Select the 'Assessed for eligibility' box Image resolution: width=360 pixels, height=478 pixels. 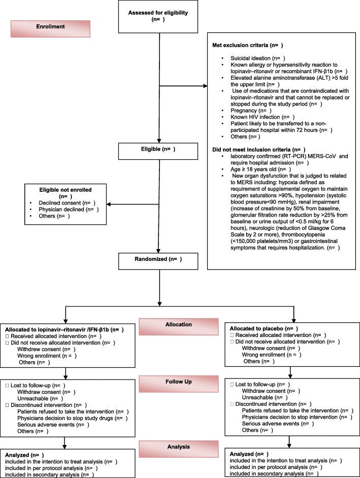coord(159,21)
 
